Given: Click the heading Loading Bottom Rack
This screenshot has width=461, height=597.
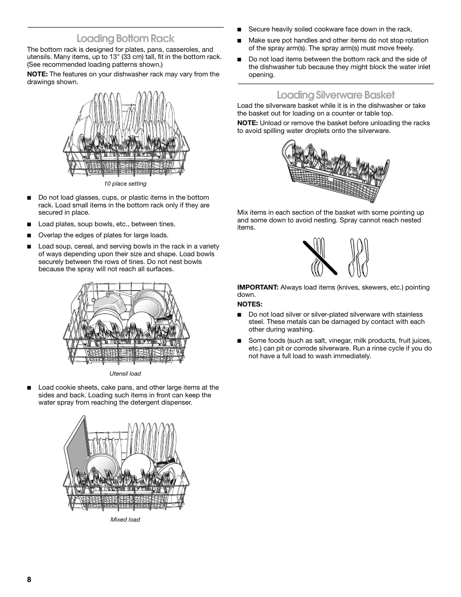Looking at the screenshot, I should click(125, 38).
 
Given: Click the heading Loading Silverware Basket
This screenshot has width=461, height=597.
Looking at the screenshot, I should click(335, 95).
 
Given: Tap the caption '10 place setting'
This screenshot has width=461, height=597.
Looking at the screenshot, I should click(125, 184).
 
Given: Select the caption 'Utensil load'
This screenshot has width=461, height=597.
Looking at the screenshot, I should click(125, 374).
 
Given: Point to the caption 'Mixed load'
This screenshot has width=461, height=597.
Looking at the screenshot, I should click(125, 520).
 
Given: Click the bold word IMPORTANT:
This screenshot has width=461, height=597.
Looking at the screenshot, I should click(258, 287).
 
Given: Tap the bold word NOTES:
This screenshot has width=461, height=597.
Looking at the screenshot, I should click(249, 305).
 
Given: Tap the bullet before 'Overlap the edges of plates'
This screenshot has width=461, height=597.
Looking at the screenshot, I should click(29, 235).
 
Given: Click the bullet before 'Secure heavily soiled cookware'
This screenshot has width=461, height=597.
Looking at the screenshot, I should click(239, 29).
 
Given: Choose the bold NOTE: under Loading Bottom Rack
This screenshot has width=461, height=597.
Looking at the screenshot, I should click(37, 74).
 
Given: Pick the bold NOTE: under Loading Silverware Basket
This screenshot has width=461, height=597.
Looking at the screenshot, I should click(247, 123).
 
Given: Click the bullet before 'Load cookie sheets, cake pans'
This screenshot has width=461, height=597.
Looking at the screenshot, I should click(29, 388).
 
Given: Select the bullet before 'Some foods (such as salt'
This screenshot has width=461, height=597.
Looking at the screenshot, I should click(239, 341).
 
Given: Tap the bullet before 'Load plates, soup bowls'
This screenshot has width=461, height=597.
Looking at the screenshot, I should click(29, 224).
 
